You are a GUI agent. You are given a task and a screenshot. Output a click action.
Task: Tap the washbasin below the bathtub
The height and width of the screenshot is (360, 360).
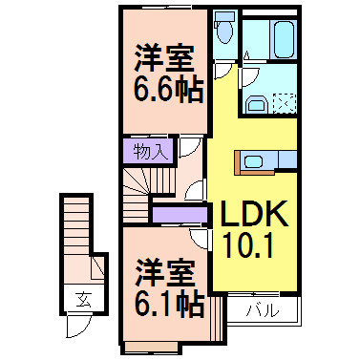(x=256, y=104)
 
